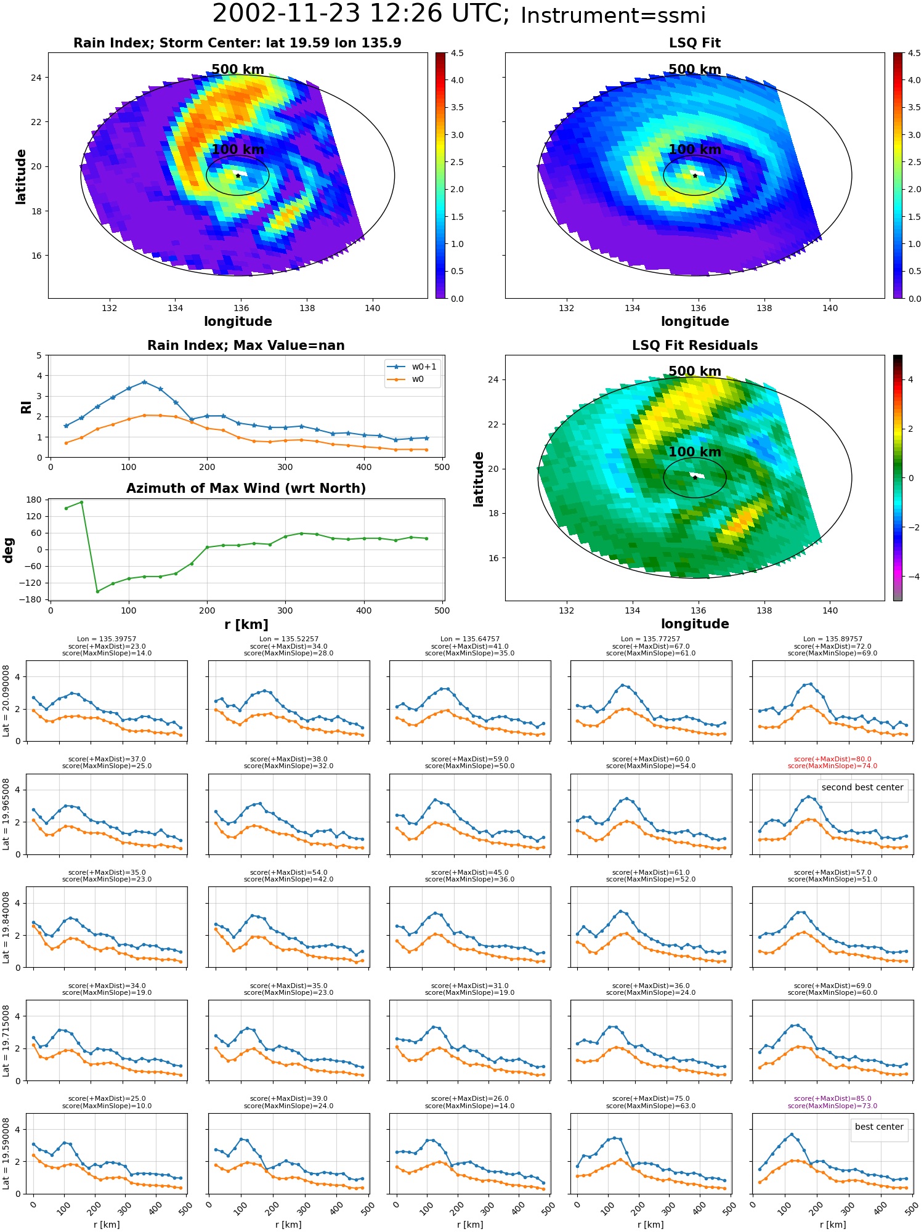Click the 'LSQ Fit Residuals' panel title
coord(695,346)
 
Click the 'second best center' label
coord(862,787)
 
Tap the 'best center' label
coord(879,1127)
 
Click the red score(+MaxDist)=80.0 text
coord(832,760)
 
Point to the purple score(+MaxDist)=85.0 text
coord(832,1098)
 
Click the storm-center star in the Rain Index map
coord(238,176)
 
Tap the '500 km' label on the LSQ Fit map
coord(695,70)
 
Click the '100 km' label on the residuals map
coord(695,452)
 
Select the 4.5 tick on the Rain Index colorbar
coord(457,53)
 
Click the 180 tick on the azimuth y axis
coord(35,500)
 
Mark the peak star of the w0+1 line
coord(144,382)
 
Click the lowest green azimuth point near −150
coord(97,591)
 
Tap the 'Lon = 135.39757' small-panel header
coord(107,639)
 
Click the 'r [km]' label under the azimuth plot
coord(246,625)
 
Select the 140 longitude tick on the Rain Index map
coord(373,308)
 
